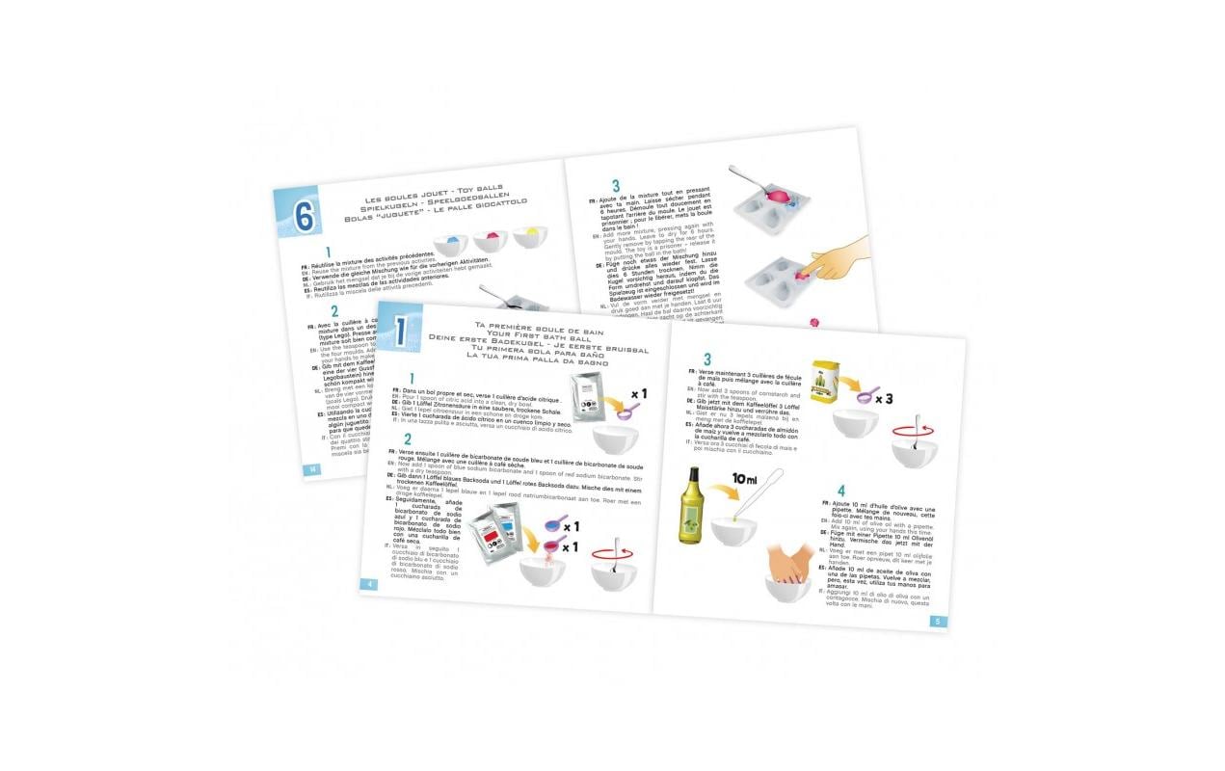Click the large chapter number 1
tap(399, 332)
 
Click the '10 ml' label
tap(747, 478)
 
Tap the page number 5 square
tap(938, 621)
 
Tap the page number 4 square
tap(370, 584)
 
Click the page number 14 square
tap(311, 469)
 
